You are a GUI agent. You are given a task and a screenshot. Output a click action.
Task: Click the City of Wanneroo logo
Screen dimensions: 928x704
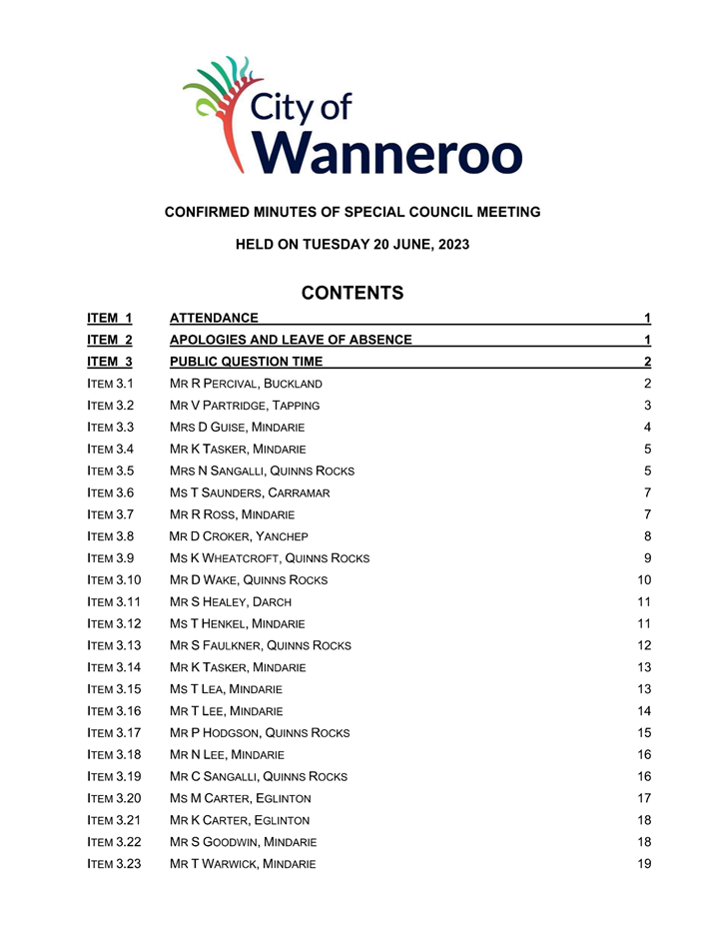[352, 116]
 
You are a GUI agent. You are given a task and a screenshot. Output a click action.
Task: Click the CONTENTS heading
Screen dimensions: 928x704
[352, 293]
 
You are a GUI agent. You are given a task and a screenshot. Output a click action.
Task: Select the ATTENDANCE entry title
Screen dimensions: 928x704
[214, 318]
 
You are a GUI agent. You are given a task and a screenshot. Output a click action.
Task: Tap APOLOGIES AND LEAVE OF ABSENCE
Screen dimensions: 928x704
[291, 340]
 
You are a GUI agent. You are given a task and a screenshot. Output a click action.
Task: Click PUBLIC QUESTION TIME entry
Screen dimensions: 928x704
[246, 362]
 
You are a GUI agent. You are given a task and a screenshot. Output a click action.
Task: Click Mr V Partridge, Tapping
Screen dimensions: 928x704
[245, 406]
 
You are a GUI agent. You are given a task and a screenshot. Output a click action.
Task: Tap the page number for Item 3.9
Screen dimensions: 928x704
[647, 558]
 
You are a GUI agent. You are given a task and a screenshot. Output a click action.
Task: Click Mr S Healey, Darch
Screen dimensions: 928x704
[231, 601]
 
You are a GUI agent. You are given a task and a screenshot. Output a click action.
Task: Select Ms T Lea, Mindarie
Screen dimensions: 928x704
[227, 689]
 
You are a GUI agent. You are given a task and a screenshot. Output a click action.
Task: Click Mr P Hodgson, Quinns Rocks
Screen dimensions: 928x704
[260, 732]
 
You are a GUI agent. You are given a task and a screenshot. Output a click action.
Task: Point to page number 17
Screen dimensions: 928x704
[644, 798]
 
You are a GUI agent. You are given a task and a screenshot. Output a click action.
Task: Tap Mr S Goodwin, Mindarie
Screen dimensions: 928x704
[243, 841]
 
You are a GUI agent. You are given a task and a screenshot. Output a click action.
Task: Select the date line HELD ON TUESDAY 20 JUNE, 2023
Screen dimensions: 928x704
[352, 244]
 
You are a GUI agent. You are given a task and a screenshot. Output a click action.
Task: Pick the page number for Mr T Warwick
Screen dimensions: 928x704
[644, 863]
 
